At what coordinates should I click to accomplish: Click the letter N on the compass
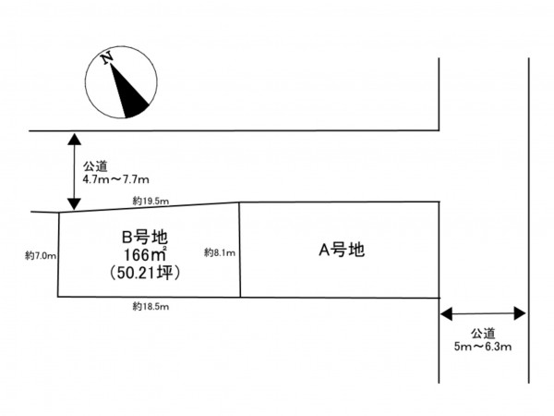[x=107, y=57]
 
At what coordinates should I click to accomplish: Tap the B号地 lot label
[x=145, y=237]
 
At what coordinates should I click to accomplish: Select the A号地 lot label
[x=342, y=251]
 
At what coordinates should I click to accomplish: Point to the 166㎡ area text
[x=145, y=254]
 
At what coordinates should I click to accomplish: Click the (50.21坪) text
[x=145, y=273]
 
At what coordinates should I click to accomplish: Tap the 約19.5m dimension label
[x=151, y=202]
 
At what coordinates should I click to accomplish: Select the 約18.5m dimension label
[x=151, y=306]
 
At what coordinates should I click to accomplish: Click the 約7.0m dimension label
[x=41, y=255]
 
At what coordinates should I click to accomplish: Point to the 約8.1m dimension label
[x=220, y=252]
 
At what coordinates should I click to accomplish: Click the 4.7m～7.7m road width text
[x=116, y=179]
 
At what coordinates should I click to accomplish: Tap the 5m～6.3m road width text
[x=483, y=347]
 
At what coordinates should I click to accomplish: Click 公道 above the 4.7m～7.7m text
[x=95, y=166]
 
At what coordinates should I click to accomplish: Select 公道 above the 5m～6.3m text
[x=483, y=333]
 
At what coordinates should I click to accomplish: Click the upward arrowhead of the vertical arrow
[x=74, y=140]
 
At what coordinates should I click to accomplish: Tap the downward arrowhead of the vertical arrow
[x=74, y=204]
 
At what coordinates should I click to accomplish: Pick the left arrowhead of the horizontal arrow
[x=447, y=313]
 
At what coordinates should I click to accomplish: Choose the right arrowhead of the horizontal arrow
[x=520, y=313]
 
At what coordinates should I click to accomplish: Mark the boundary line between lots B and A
[x=240, y=250]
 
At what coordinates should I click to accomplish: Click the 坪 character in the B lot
[x=165, y=273]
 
